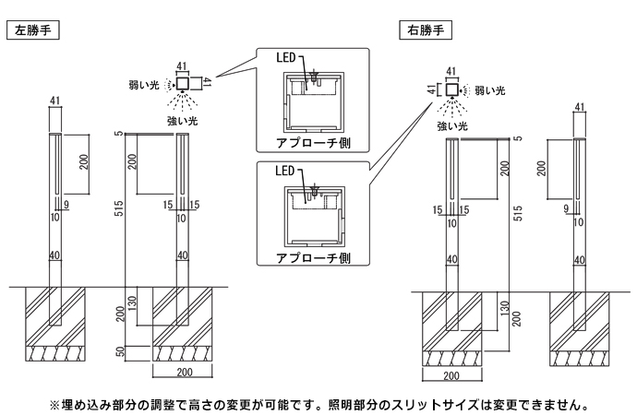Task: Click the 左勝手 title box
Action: click(x=34, y=30)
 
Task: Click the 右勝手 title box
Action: click(x=424, y=30)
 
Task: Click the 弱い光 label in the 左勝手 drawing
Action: click(x=143, y=85)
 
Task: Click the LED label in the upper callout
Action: click(x=284, y=58)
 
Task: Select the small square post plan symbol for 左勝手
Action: click(x=182, y=85)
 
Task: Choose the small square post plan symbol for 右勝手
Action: click(x=451, y=90)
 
